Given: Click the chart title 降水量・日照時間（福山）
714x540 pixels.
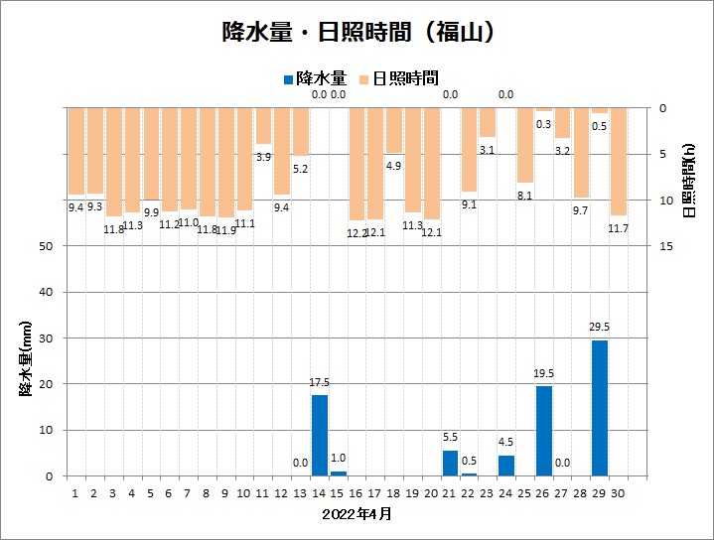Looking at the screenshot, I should pyautogui.click(x=357, y=32).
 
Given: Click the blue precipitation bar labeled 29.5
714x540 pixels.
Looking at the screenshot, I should pyautogui.click(x=600, y=408).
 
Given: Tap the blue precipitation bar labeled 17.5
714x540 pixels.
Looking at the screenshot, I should pyautogui.click(x=320, y=435).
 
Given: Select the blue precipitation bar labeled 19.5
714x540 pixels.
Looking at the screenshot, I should pyautogui.click(x=544, y=431).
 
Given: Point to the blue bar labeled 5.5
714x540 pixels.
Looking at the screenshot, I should pyautogui.click(x=450, y=463).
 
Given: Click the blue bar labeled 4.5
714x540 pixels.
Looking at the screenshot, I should pyautogui.click(x=506, y=466).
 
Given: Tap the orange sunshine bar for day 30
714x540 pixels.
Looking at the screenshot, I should pyautogui.click(x=619, y=161).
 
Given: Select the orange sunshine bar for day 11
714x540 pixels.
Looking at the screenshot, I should pyautogui.click(x=263, y=125).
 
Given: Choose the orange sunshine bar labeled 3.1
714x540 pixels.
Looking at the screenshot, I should pyautogui.click(x=488, y=121).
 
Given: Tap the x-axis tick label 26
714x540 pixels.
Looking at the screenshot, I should pyautogui.click(x=543, y=491).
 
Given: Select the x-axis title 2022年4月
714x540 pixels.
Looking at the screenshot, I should pyautogui.click(x=357, y=514).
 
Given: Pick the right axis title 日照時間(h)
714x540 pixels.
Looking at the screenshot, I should pyautogui.click(x=689, y=179).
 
